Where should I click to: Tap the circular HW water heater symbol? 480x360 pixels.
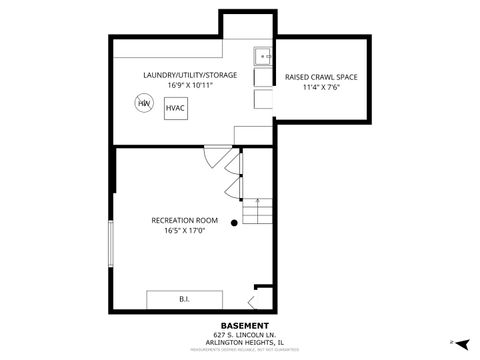pos(145,103)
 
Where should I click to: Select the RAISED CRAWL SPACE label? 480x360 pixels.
pos(321,76)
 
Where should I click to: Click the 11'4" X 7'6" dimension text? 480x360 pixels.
pos(321,86)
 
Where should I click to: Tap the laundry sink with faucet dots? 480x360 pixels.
pos(262,56)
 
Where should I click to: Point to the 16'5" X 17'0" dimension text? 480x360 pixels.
pos(185,230)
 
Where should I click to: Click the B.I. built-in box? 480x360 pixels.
pos(184,299)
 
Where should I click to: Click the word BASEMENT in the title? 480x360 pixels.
pos(244,326)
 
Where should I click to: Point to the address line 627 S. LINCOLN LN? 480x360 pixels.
pos(244,334)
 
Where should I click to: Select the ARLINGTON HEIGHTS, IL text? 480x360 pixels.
pos(244,342)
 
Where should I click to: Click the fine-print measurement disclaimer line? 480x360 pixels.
pos(244,349)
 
